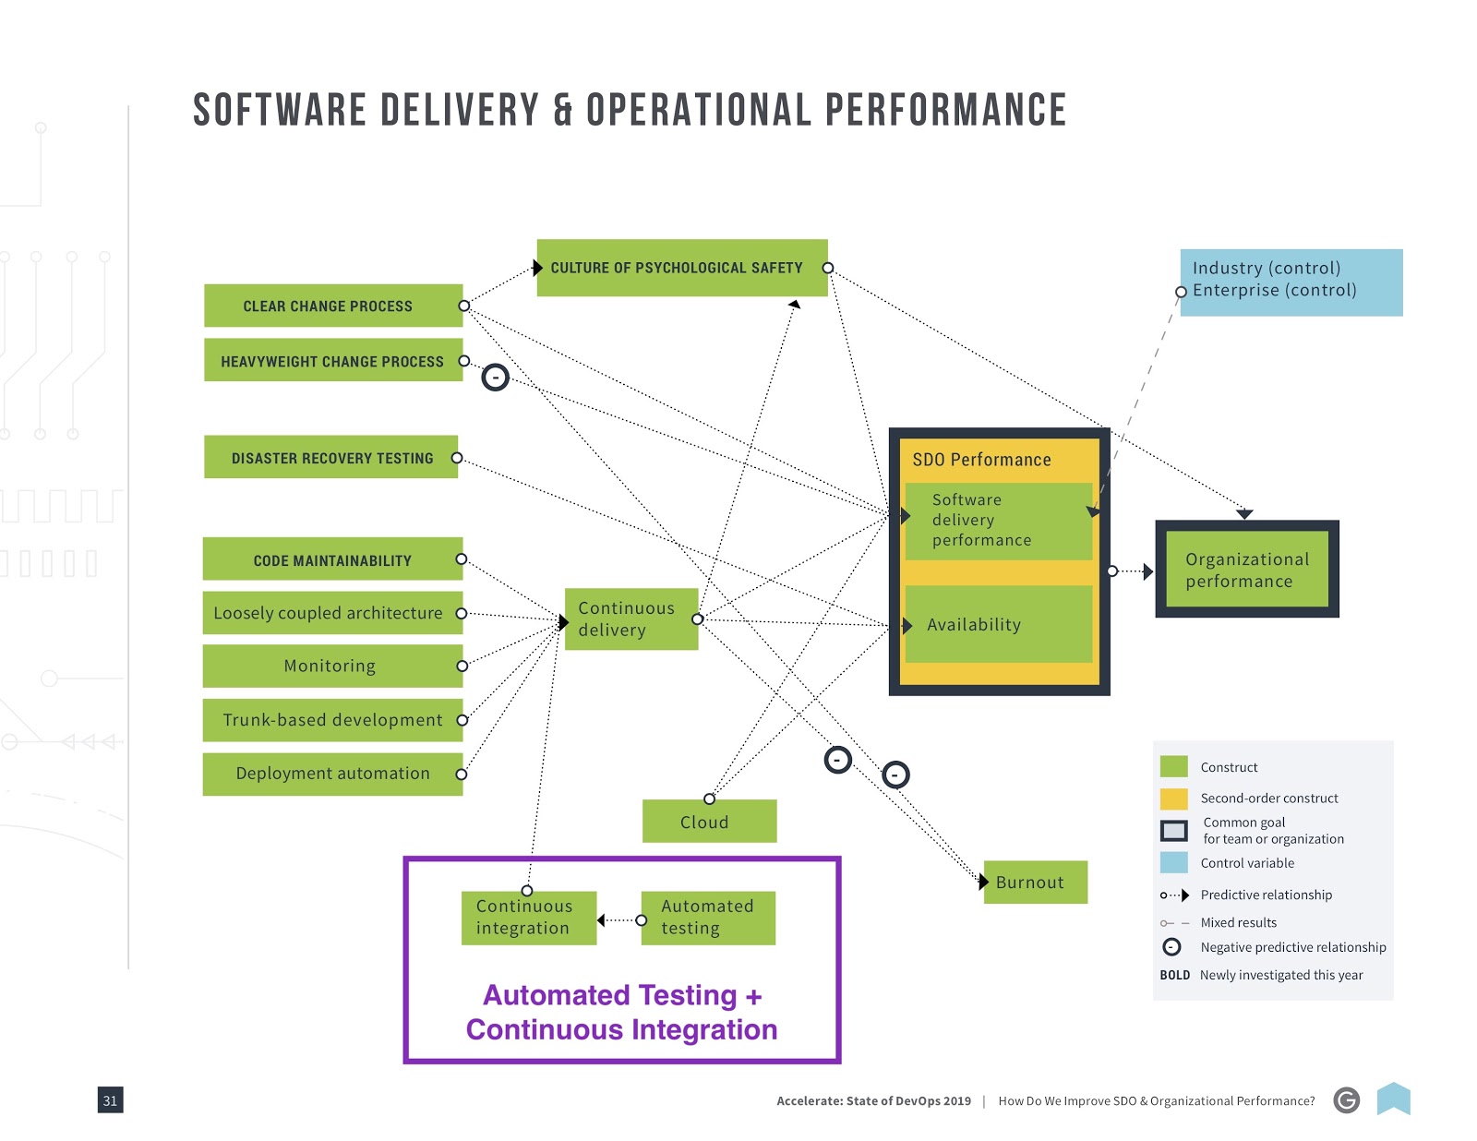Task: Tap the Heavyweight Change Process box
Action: coord(332,360)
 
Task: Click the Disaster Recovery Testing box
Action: coord(330,457)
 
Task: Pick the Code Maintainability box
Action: coord(332,559)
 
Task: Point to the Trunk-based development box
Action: coord(332,720)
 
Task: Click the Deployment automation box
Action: coord(332,774)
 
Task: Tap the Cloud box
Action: coord(709,822)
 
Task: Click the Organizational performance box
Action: coord(1247,570)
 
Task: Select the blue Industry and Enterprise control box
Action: coord(1291,282)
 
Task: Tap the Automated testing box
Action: coord(708,918)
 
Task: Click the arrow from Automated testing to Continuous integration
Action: coord(618,920)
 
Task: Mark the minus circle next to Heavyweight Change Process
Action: coord(496,378)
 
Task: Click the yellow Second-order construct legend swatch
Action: coord(1173,799)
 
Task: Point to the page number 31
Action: coord(110,1100)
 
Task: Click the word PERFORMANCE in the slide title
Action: coord(945,111)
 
